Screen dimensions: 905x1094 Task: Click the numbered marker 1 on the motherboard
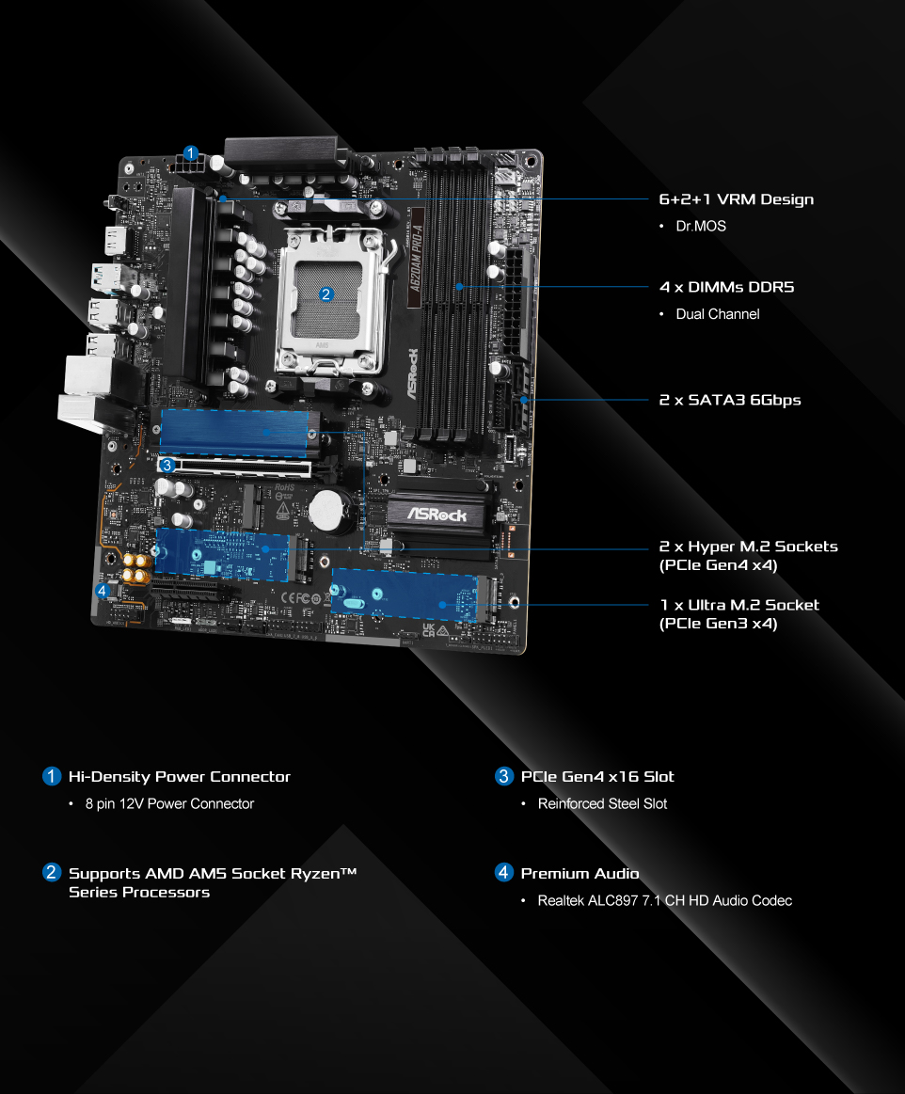pyautogui.click(x=191, y=152)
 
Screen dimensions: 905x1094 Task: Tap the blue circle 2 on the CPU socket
pyautogui.click(x=325, y=294)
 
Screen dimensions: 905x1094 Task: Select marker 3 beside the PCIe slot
pyautogui.click(x=167, y=466)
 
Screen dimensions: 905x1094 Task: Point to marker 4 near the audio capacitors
pyautogui.click(x=103, y=591)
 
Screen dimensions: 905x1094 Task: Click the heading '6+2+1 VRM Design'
pyautogui.click(x=737, y=199)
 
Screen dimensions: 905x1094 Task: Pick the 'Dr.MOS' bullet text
pyautogui.click(x=701, y=226)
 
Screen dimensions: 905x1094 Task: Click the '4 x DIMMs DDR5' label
pyautogui.click(x=726, y=288)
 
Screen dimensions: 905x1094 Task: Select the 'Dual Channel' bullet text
pyautogui.click(x=717, y=314)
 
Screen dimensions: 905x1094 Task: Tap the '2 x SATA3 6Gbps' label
pyautogui.click(x=730, y=401)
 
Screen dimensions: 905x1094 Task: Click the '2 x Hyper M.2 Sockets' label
pyautogui.click(x=748, y=547)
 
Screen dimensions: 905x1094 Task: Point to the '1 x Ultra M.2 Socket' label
pyautogui.click(x=739, y=606)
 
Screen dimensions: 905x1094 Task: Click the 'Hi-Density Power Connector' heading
pyautogui.click(x=180, y=777)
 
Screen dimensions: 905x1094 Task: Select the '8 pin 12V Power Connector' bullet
pyautogui.click(x=169, y=803)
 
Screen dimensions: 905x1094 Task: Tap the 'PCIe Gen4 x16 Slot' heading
pyautogui.click(x=597, y=777)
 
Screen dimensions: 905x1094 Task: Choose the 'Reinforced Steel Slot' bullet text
pyautogui.click(x=602, y=803)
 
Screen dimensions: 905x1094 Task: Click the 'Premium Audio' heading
pyautogui.click(x=580, y=874)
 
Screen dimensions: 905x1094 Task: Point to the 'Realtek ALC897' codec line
pyautogui.click(x=664, y=901)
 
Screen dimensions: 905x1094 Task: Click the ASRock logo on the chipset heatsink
pyautogui.click(x=437, y=515)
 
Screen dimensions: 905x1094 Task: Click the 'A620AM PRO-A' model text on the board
pyautogui.click(x=417, y=259)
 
